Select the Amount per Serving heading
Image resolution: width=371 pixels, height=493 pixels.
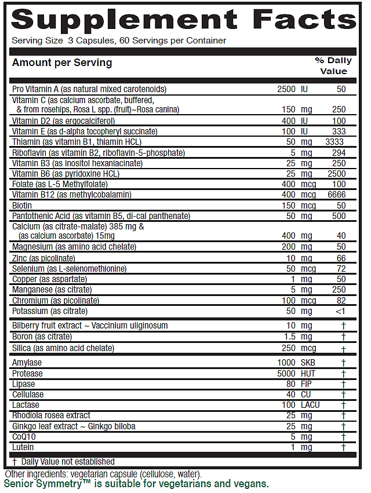(62, 63)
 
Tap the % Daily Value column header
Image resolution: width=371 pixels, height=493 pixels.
(333, 65)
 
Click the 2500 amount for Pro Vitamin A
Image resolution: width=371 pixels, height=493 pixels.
(287, 89)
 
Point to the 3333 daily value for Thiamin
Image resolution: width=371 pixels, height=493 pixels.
(336, 142)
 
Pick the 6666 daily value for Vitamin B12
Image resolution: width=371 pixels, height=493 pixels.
(336, 195)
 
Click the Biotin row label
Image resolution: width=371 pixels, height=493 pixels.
(22, 205)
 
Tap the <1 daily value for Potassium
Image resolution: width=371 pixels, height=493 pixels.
(340, 311)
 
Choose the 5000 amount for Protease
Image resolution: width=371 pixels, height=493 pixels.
(286, 374)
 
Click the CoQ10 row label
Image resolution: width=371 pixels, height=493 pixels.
(24, 437)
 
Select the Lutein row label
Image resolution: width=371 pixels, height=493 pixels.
(23, 447)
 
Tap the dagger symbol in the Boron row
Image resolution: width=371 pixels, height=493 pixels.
(344, 337)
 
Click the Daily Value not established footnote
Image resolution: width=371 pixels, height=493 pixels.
(67, 462)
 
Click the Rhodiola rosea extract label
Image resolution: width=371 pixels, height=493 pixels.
(51, 415)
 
